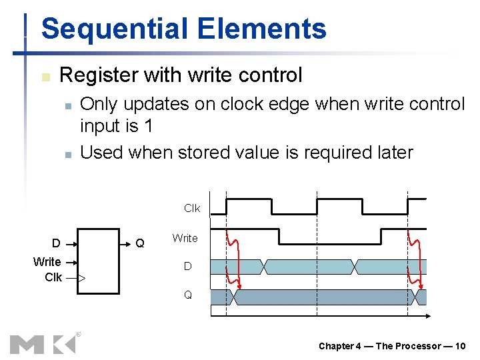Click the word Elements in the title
[262, 29]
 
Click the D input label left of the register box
[57, 243]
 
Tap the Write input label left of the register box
[47, 262]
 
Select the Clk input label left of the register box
[53, 277]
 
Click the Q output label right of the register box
[140, 243]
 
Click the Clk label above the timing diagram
[192, 209]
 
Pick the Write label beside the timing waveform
[185, 238]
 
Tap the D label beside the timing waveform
[188, 267]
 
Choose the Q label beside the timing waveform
[188, 295]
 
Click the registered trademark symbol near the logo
[78, 333]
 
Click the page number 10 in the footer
[460, 346]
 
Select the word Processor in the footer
[418, 346]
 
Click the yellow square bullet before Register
[45, 77]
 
